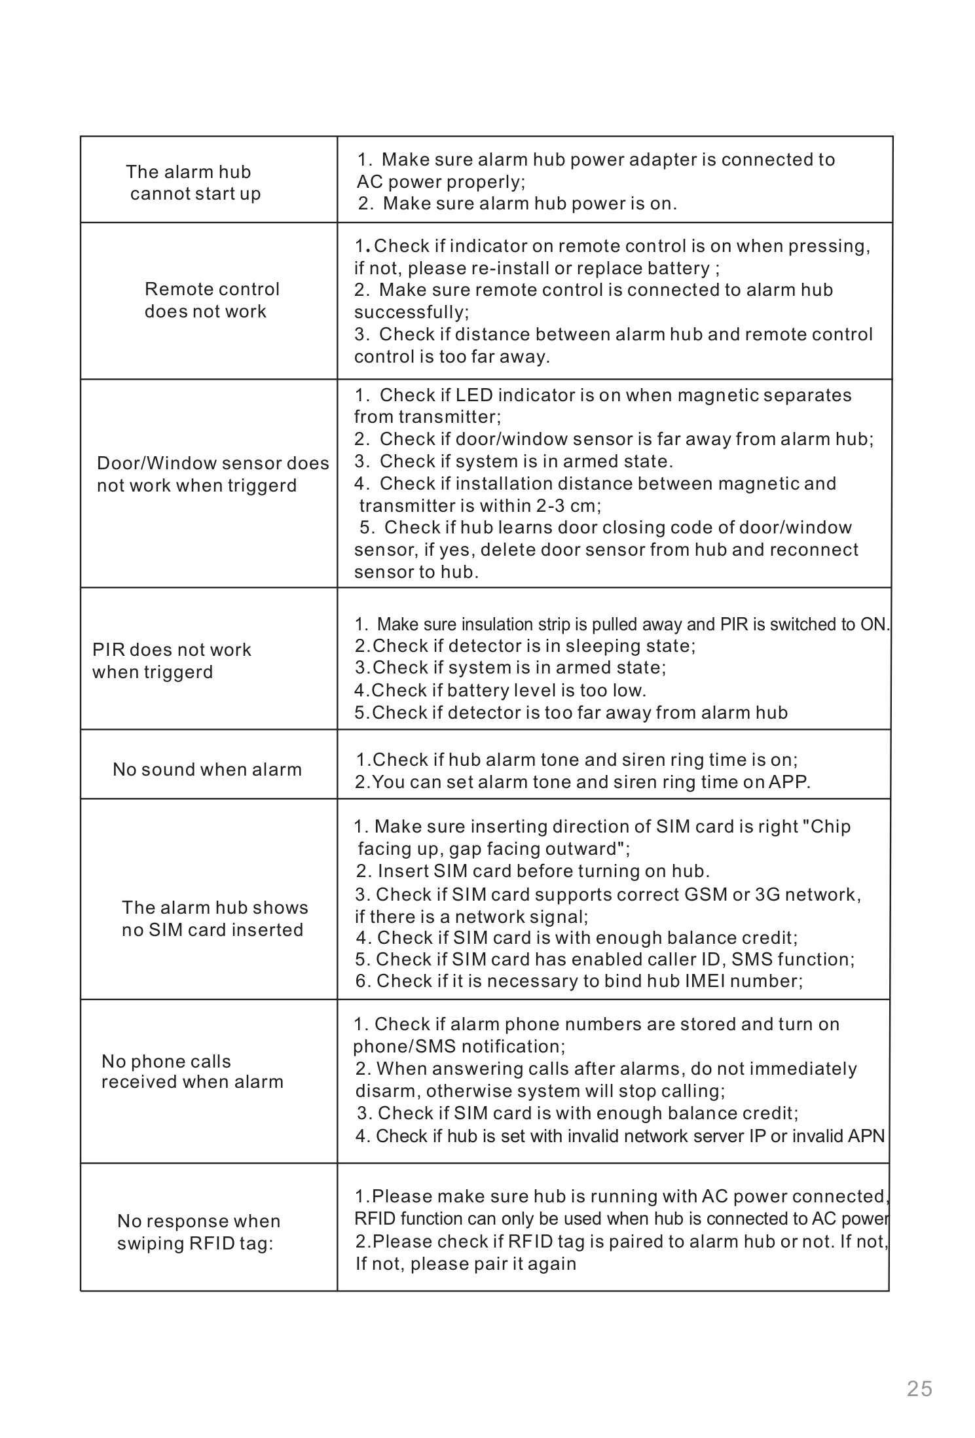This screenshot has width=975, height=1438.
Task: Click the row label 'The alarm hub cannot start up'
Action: click(193, 183)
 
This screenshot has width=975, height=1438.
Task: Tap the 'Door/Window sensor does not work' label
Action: click(212, 475)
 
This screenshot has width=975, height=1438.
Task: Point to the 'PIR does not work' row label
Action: click(171, 661)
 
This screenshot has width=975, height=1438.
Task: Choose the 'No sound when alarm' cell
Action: click(207, 769)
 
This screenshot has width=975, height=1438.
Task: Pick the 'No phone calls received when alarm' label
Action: click(192, 1071)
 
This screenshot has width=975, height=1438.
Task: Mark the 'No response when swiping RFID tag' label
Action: click(198, 1232)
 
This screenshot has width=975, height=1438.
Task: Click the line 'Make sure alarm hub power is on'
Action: click(517, 204)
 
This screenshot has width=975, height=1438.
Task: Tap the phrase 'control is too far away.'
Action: click(452, 357)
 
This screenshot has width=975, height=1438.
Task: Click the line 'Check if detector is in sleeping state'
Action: click(525, 646)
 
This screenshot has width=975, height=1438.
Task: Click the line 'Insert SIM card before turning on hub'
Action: click(533, 871)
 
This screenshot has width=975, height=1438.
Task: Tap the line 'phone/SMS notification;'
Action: click(459, 1047)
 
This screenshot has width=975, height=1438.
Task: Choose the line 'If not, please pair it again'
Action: click(466, 1263)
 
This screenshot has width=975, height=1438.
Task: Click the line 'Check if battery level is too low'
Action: click(500, 691)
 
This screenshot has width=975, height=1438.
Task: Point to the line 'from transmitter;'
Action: click(427, 417)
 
